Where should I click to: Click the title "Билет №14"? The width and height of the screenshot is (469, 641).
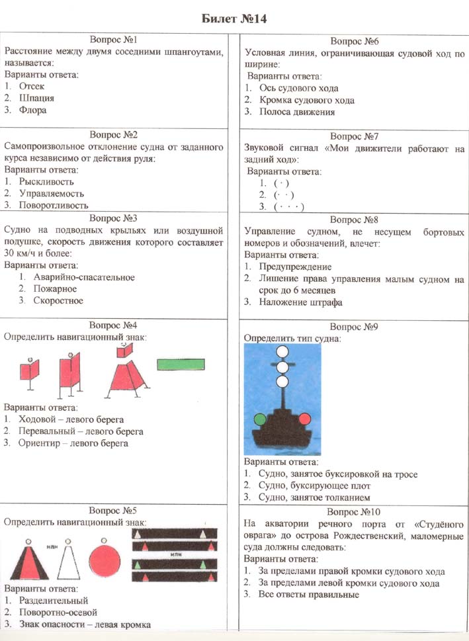[234, 17]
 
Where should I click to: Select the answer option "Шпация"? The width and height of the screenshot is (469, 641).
[36, 98]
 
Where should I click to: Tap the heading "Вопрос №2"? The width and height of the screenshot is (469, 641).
[116, 134]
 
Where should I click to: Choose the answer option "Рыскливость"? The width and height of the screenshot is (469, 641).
[46, 181]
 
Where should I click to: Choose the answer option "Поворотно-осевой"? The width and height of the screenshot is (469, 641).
[59, 613]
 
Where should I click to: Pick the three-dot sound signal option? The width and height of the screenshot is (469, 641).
[288, 207]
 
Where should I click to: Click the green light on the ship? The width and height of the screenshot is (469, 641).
[260, 418]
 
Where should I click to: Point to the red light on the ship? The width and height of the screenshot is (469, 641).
[305, 418]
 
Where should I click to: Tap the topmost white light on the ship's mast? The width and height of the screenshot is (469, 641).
[282, 352]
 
